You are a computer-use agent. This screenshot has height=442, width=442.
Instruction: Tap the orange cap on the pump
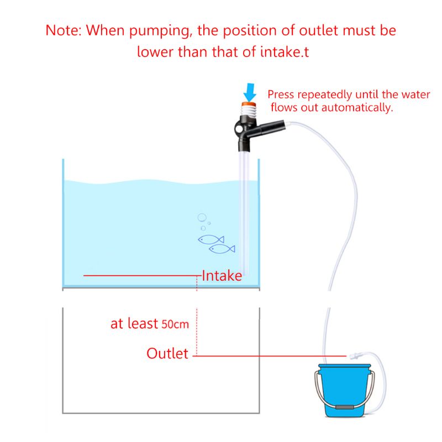coord(249,103)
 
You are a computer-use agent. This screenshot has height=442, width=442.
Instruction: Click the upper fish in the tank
coord(211,239)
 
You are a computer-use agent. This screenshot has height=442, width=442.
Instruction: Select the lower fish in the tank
coord(222,249)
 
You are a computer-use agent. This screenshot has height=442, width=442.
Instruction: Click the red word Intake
coord(222,276)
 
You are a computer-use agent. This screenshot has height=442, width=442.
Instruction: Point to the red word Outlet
coord(167,354)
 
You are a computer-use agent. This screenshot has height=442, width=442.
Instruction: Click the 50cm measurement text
coord(175,324)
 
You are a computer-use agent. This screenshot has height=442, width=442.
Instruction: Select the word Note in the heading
coord(63,30)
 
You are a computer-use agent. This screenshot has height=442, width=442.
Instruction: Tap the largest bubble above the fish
coord(202,217)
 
